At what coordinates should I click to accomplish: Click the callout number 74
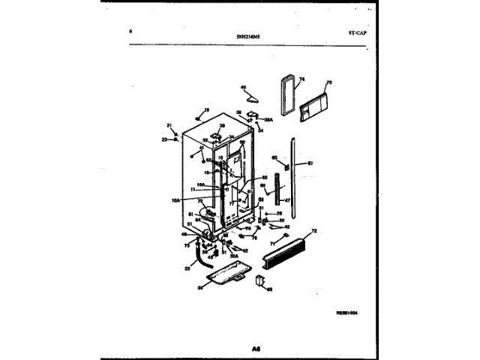pos(301,78)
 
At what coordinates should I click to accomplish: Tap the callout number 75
pos(328,82)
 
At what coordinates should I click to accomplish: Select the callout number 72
pos(315,231)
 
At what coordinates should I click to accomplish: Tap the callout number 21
pos(169,125)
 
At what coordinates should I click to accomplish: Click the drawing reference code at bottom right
pos(347,312)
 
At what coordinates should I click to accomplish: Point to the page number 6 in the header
pos(130,31)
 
